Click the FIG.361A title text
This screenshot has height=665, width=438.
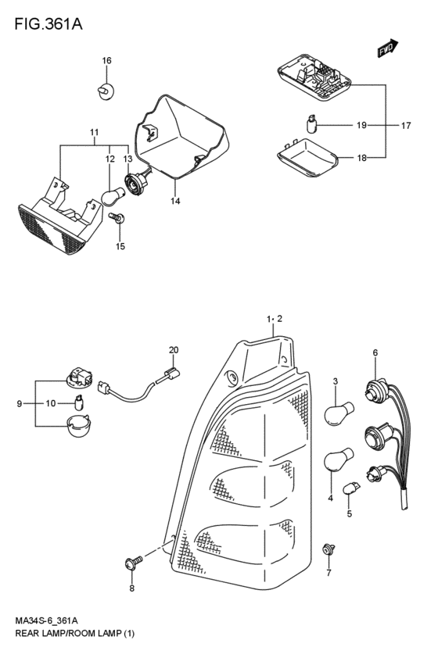48,24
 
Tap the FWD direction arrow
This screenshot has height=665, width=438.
387,48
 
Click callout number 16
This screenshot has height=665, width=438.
106,61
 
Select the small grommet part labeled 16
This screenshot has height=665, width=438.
106,91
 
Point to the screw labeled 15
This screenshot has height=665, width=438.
117,218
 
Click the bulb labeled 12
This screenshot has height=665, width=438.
113,197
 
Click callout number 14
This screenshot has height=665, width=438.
175,201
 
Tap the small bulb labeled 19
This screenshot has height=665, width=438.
312,123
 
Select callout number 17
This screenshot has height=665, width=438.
406,126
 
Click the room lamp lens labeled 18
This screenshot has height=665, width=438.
307,156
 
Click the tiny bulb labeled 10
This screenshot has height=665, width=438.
78,402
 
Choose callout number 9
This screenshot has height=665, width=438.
19,404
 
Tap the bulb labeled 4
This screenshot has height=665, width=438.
339,459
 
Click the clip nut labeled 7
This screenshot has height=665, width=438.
328,549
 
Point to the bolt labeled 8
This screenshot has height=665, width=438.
134,563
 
